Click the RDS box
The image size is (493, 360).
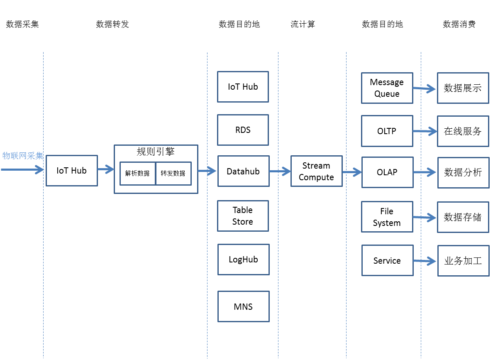(243, 130)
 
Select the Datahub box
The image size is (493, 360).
(243, 171)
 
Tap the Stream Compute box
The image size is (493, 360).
(316, 171)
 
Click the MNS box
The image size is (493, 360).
(243, 306)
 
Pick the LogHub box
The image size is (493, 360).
(243, 260)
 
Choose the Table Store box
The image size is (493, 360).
(243, 216)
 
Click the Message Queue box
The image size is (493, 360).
(387, 88)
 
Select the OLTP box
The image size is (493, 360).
(387, 131)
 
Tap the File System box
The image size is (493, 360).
(387, 217)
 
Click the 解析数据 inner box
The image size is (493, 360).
(137, 173)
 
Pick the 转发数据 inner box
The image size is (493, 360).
(173, 173)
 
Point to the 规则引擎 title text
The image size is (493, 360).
(156, 152)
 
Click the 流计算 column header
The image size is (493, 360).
(303, 24)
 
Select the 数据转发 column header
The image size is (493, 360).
(112, 24)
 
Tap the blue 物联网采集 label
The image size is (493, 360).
(23, 156)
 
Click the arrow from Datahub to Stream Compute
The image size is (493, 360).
(280, 171)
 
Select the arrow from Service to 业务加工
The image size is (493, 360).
(425, 261)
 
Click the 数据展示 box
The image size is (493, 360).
(463, 88)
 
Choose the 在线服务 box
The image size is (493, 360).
(463, 131)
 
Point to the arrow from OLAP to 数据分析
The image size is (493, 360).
(425, 172)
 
